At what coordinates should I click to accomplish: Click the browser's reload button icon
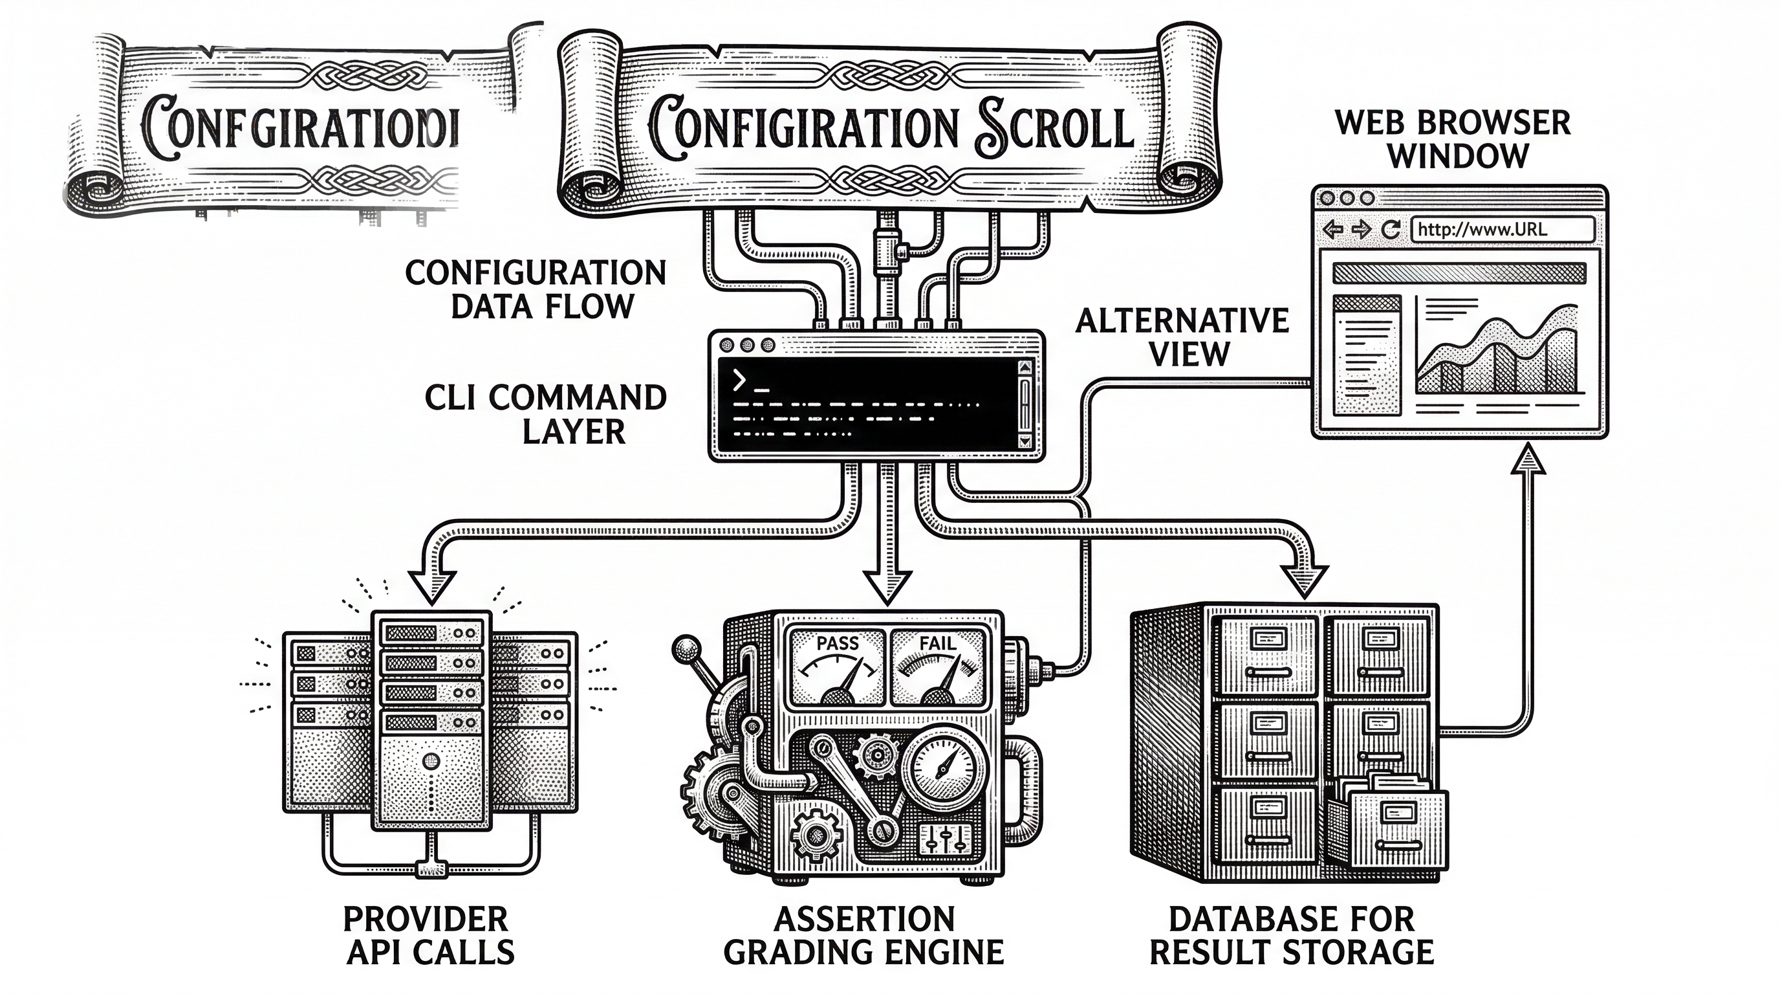(x=1390, y=230)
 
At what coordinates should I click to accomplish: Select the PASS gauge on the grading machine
(x=838, y=667)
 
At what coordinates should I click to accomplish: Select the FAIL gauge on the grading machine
(x=938, y=667)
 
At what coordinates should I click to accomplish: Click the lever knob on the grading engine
(x=686, y=648)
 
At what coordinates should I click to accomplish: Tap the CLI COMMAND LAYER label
(x=546, y=415)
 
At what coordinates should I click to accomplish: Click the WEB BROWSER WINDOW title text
(x=1453, y=140)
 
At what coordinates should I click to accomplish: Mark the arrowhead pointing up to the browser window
(x=1528, y=459)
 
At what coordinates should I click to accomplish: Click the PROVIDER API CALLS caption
(x=428, y=936)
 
